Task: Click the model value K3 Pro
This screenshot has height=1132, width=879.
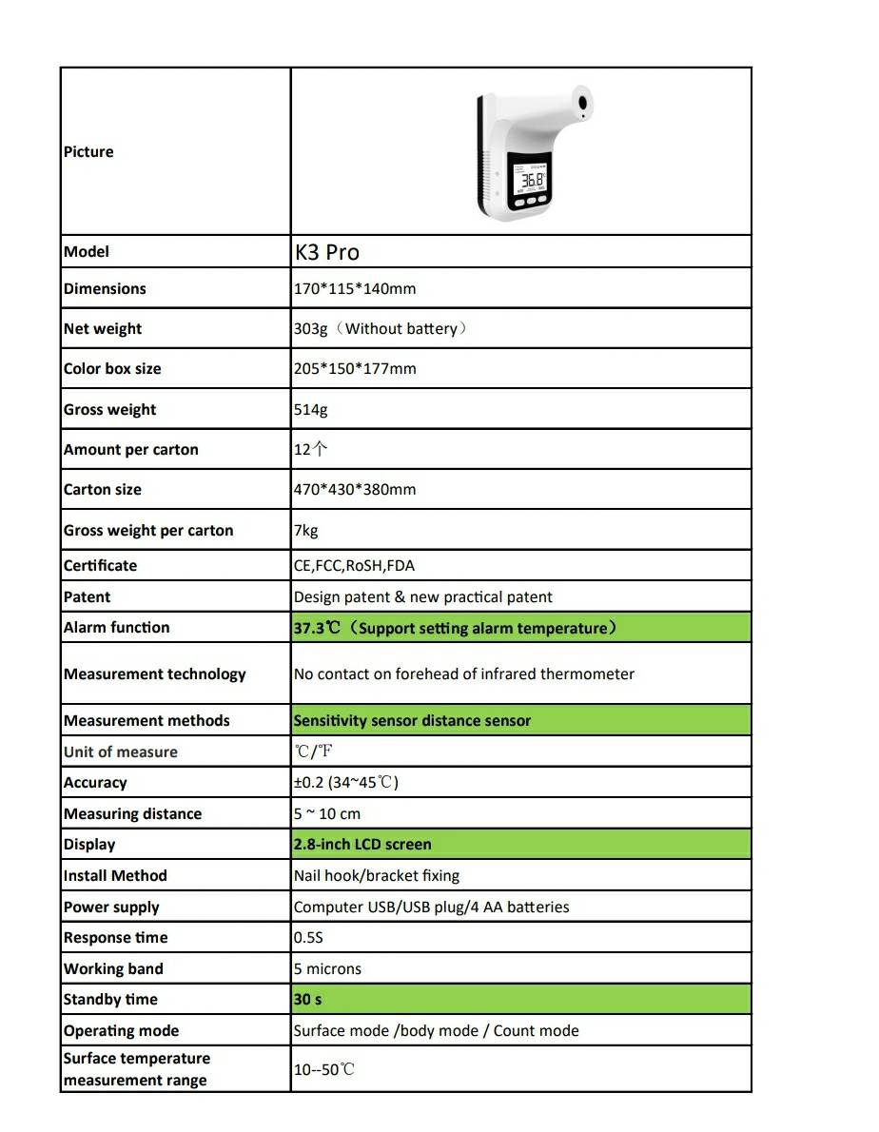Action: [x=326, y=252]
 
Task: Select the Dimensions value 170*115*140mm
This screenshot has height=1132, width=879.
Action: [x=354, y=288]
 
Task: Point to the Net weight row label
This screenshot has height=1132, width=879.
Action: [x=103, y=329]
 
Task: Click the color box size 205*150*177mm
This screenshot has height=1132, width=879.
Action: [x=354, y=369]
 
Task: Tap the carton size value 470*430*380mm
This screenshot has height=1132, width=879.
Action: [x=354, y=490]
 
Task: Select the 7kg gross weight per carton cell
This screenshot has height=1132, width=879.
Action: [x=305, y=531]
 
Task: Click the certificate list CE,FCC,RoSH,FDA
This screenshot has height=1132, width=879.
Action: [x=354, y=566]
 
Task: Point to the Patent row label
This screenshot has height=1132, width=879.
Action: [x=87, y=597]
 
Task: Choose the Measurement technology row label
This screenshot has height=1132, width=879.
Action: [x=154, y=674]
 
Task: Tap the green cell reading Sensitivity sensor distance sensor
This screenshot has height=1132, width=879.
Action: [x=412, y=721]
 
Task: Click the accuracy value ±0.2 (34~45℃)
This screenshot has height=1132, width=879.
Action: [x=345, y=783]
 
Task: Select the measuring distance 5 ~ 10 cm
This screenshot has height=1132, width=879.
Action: [x=326, y=814]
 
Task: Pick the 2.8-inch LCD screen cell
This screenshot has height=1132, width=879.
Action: [x=361, y=845]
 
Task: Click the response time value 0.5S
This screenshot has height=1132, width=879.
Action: [x=308, y=938]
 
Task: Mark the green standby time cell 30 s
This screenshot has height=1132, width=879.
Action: [x=307, y=1000]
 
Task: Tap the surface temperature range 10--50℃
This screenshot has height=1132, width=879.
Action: [x=323, y=1070]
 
